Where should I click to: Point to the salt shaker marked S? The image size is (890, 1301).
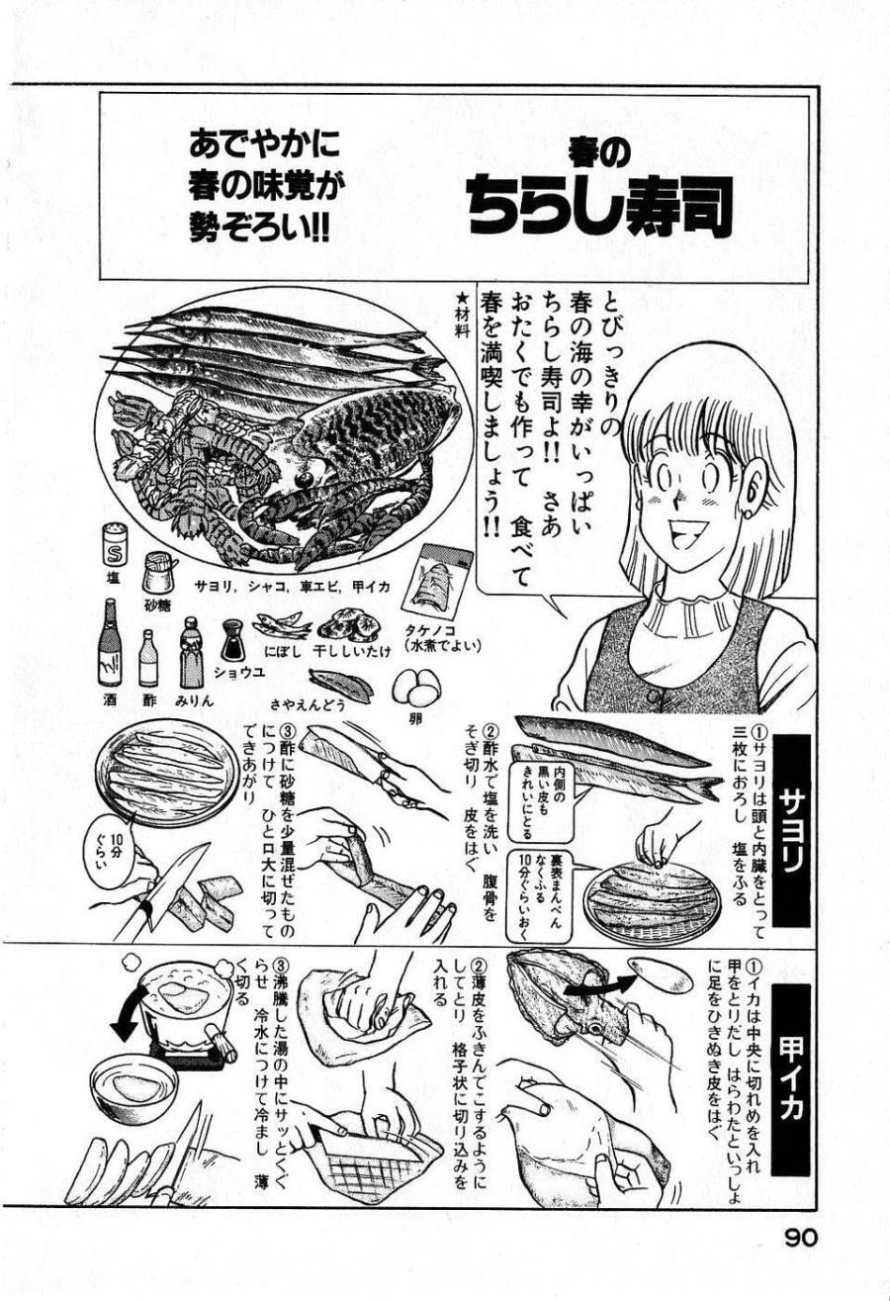pos(113,544)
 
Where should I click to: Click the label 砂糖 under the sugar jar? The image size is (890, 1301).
pos(157,603)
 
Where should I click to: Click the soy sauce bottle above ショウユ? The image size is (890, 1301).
pos(233,640)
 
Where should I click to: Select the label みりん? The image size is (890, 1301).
pos(195,698)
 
